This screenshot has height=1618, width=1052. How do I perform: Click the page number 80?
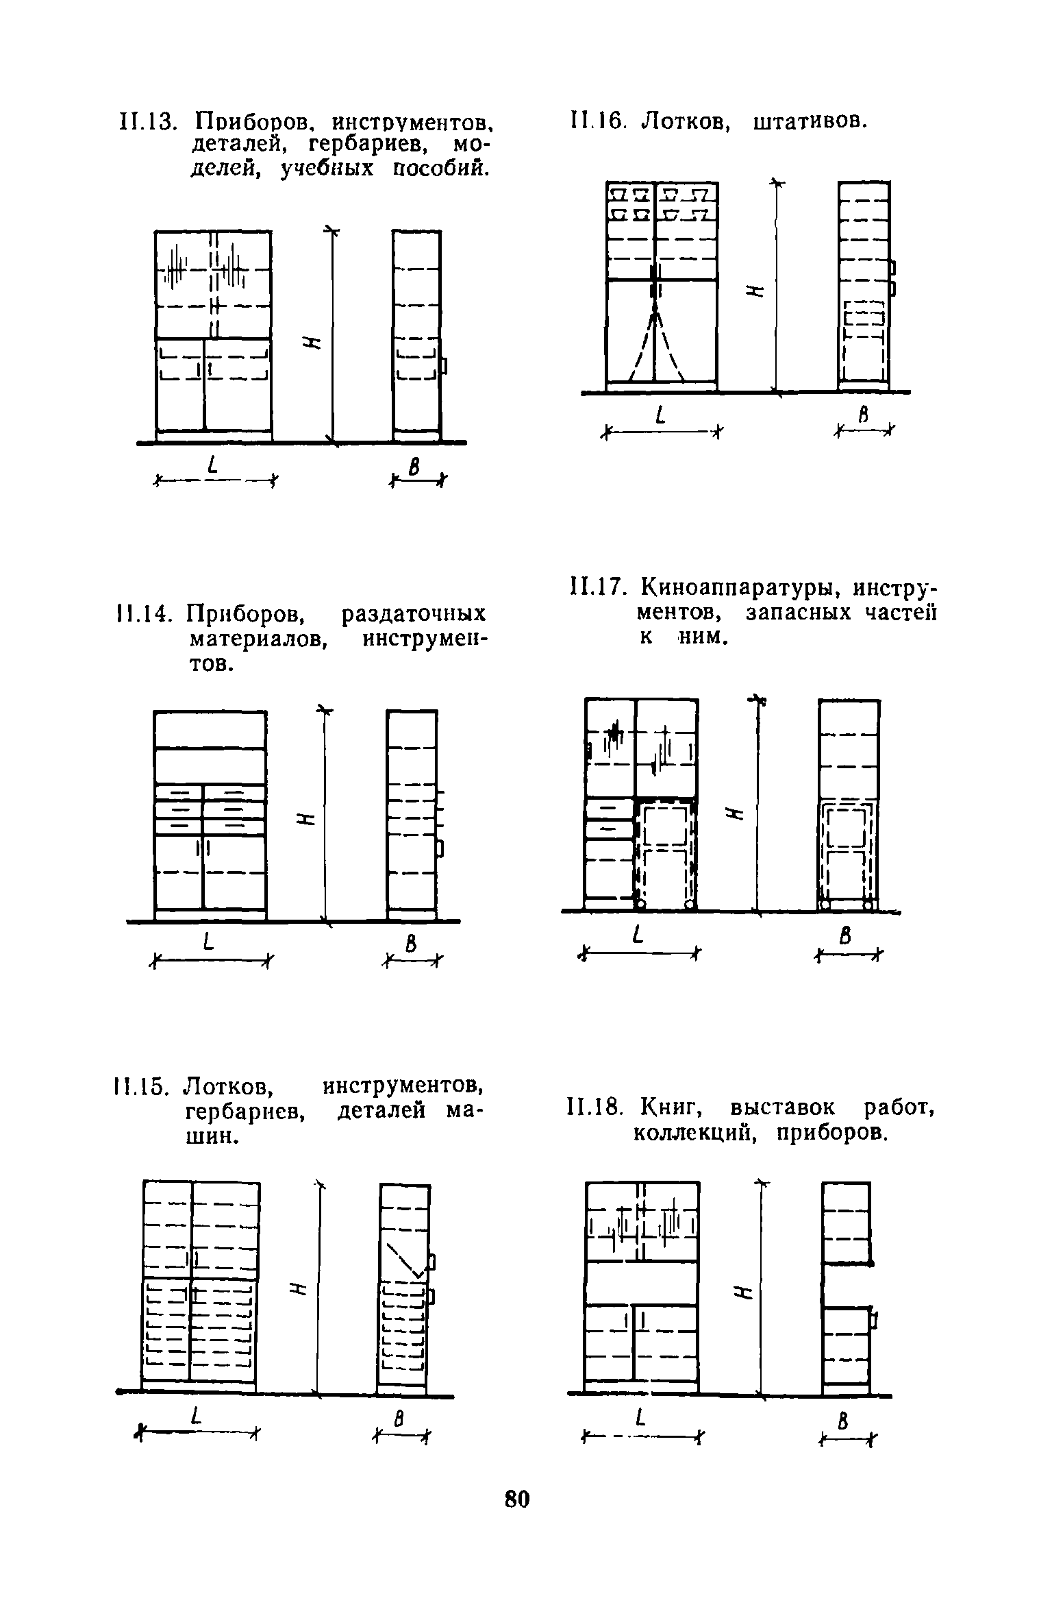click(517, 1499)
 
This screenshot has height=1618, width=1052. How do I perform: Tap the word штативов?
click(810, 122)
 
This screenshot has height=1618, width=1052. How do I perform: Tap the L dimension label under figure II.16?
click(660, 415)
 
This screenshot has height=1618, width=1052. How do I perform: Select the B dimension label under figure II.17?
click(846, 936)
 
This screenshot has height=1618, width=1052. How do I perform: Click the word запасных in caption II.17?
click(797, 613)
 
